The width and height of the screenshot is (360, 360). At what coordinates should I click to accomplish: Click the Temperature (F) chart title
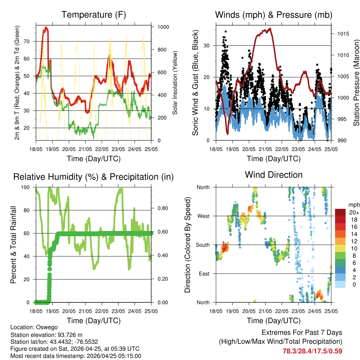coord(94,15)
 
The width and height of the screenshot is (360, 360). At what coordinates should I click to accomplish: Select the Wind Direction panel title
coord(274,175)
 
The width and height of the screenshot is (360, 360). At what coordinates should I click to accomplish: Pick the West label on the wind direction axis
coord(203,216)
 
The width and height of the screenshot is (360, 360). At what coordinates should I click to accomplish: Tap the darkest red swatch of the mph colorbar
coord(340,212)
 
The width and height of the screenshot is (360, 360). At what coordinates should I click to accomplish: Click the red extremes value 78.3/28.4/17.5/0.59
coord(312,351)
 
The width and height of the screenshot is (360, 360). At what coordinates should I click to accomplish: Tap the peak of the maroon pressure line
coord(270,28)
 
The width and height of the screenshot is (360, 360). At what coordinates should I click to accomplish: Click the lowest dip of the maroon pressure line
coord(228,134)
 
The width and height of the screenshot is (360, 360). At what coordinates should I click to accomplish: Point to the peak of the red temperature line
coord(46,27)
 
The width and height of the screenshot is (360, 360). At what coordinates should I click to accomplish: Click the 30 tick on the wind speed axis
coord(208,45)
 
